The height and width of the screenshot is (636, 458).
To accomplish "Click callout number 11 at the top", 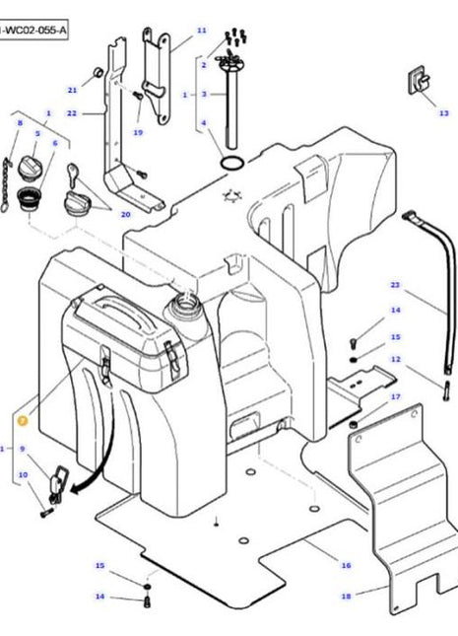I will point(201,31).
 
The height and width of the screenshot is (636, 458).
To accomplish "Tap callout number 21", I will point(72,90).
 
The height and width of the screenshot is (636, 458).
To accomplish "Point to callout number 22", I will point(72,113).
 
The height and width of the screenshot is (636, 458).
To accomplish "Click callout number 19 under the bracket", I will point(138,132).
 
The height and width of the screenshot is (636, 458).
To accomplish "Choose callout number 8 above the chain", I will point(19,122).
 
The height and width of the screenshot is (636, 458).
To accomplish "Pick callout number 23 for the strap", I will point(395,285).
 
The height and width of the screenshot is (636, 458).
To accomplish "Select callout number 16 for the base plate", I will point(346,565).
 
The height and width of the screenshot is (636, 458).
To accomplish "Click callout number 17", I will point(395,396).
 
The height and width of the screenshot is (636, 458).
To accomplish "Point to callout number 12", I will point(395,359).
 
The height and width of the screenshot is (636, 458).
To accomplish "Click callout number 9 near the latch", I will point(22,450).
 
